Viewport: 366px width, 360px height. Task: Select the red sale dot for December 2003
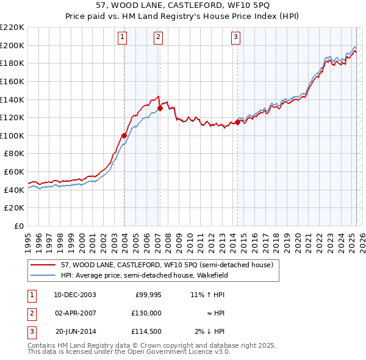(x=124, y=135)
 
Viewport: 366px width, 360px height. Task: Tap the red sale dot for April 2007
(x=160, y=108)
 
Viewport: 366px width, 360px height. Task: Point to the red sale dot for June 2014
(x=237, y=122)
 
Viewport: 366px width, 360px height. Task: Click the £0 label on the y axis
(x=18, y=226)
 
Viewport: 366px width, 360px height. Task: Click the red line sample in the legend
(x=43, y=265)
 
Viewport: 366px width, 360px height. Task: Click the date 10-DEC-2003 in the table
(x=75, y=295)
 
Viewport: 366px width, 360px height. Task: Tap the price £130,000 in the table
(x=147, y=313)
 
